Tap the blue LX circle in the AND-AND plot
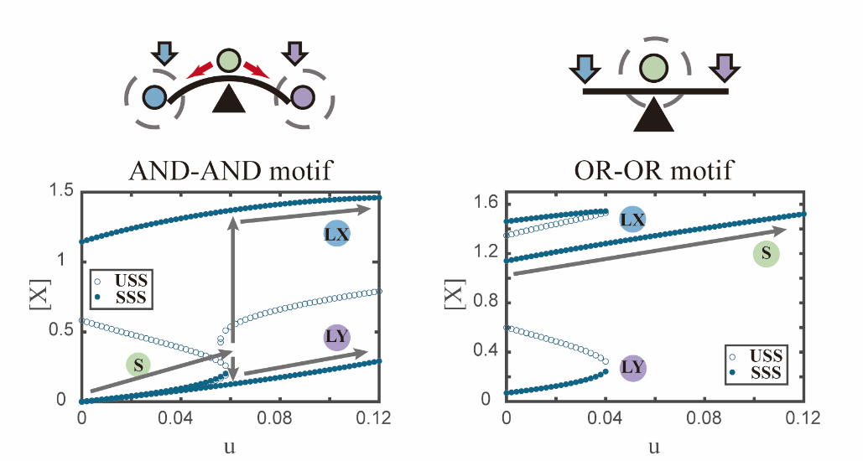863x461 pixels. click(336, 235)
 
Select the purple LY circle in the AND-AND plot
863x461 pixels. click(336, 338)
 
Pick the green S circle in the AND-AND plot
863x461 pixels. click(139, 365)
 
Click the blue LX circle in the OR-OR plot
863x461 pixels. click(632, 220)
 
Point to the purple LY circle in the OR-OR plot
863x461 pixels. click(632, 368)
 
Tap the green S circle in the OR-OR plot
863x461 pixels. click(765, 254)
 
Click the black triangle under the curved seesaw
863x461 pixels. click(229, 101)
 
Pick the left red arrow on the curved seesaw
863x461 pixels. click(200, 73)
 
